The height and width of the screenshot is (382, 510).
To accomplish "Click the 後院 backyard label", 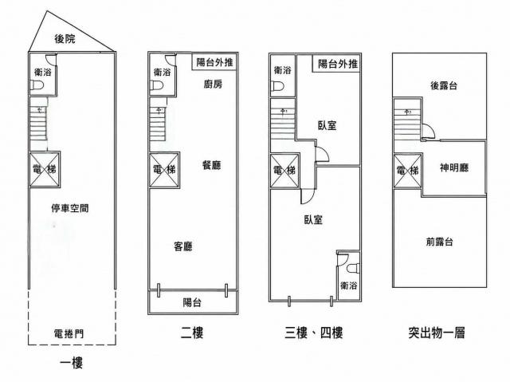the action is [65, 39].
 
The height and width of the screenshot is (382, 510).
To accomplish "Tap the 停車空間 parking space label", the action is [70, 208].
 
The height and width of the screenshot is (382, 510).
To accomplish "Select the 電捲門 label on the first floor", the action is [69, 333].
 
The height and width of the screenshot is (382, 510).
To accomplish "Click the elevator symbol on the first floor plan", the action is [45, 170].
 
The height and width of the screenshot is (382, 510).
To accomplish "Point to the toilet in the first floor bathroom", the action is [37, 85].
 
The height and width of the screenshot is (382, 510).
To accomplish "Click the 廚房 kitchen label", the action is [213, 85].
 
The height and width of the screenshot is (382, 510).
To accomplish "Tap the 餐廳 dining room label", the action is [211, 165].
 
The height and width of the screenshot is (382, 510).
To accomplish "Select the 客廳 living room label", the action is [183, 246].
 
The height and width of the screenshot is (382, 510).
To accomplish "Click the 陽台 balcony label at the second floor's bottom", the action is [192, 302].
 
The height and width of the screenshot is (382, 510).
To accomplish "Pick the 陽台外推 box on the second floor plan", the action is [214, 62].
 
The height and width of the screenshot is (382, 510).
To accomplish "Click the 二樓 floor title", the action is [192, 333].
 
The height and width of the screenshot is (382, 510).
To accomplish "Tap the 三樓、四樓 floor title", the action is [313, 333].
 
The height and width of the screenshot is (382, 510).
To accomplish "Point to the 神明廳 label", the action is [454, 167].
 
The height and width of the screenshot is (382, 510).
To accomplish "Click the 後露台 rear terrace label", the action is [444, 85].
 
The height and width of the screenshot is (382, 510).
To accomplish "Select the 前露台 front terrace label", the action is [439, 242].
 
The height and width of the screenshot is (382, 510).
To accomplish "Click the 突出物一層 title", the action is [437, 333].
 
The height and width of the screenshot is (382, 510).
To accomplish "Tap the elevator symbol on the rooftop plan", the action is [408, 171].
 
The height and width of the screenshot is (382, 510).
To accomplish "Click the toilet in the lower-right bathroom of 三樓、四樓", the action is [353, 269].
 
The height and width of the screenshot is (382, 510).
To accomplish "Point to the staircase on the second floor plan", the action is [158, 124].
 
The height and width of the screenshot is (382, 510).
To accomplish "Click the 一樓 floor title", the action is [71, 363].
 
